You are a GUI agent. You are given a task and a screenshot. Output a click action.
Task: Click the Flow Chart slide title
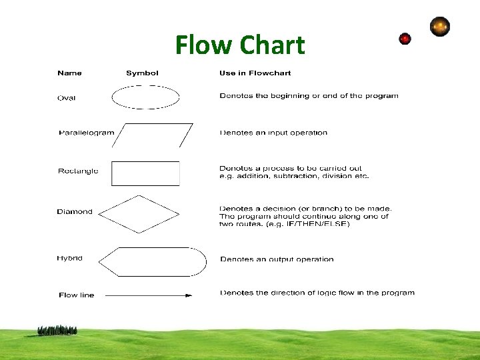tap(240, 45)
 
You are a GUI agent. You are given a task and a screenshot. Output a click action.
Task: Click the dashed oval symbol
tap(145, 97)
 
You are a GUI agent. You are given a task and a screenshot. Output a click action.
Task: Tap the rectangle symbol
tap(145, 173)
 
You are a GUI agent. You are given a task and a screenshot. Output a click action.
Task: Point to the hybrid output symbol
tap(152, 261)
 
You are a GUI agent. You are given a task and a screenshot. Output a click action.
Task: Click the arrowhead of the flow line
tap(188, 295)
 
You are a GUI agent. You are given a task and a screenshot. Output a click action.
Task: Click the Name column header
tap(69, 73)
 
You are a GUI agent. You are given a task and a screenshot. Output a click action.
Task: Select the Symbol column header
tap(142, 73)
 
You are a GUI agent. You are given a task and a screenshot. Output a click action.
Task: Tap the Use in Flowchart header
tap(255, 73)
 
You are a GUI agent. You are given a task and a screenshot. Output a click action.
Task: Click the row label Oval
tap(67, 98)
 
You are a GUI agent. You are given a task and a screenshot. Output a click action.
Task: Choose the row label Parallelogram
tap(87, 133)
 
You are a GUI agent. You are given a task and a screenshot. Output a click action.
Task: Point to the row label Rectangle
tap(78, 171)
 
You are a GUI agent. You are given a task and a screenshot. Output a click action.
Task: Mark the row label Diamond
tap(75, 212)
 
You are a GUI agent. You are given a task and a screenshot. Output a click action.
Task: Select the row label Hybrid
tap(70, 258)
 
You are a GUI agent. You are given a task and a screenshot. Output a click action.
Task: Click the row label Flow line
tap(77, 295)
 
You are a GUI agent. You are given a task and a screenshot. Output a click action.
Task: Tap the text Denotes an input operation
tap(273, 133)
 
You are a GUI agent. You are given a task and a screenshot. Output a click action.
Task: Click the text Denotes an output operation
tap(277, 259)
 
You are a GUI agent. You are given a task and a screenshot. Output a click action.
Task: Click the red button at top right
tap(405, 39)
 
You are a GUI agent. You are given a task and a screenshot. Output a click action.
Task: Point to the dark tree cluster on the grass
tap(57, 330)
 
